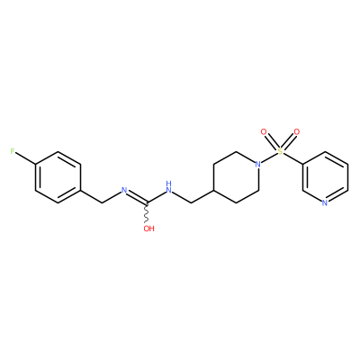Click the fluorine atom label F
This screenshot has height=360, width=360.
tap(13, 151)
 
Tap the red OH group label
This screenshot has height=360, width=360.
tap(148, 229)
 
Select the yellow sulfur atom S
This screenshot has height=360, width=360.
tap(280, 151)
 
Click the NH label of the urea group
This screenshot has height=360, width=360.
tap(169, 186)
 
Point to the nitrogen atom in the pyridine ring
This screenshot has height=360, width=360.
tap(325, 203)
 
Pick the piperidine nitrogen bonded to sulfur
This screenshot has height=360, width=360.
tap(257, 164)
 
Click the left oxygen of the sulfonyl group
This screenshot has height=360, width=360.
tap(264, 131)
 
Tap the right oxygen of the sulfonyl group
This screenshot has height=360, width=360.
tap(297, 131)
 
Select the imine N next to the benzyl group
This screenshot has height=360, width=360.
tap(124, 190)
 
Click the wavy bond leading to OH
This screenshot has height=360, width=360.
tap(147, 214)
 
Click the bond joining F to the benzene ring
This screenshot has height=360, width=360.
tap(26, 158)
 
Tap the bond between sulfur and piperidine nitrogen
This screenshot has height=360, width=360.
tap(269, 157)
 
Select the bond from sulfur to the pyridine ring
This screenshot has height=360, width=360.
tap(292, 157)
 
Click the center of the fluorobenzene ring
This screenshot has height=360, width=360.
tap(58, 177)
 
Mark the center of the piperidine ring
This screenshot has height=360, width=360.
tap(236, 177)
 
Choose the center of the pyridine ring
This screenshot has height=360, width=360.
tap(325, 177)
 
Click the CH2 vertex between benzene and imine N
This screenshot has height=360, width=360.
tap(103, 202)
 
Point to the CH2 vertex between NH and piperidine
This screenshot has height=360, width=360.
tap(192, 202)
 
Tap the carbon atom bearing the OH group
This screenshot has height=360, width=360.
tap(147, 203)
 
